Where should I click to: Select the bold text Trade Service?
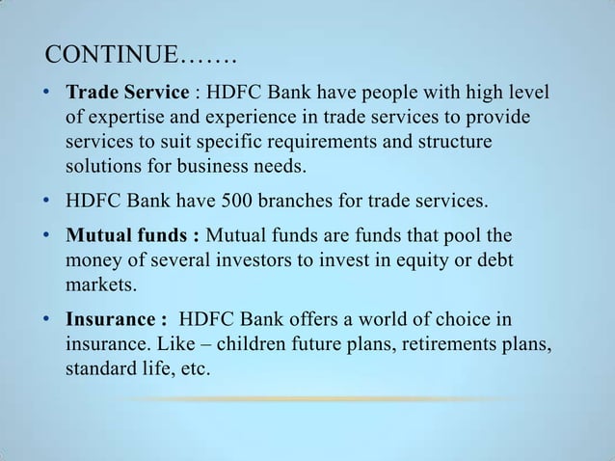point(127,94)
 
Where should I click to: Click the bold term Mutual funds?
point(132,236)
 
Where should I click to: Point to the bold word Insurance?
point(110,319)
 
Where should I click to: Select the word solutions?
point(100,167)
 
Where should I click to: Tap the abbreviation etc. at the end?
point(194,368)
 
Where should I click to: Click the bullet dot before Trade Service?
point(47,95)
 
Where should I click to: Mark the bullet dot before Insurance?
point(47,320)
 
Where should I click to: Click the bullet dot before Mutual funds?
point(47,237)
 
